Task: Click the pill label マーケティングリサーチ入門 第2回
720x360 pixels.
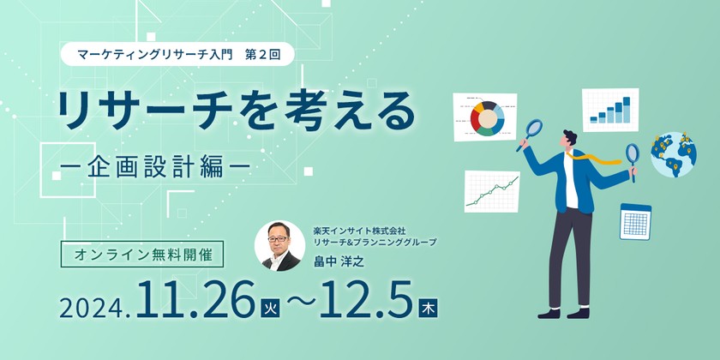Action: point(179,53)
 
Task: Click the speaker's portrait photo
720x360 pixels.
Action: point(279,246)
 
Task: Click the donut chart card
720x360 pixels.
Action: point(487,117)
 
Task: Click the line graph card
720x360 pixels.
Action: point(492,190)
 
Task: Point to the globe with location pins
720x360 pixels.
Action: point(673,154)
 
